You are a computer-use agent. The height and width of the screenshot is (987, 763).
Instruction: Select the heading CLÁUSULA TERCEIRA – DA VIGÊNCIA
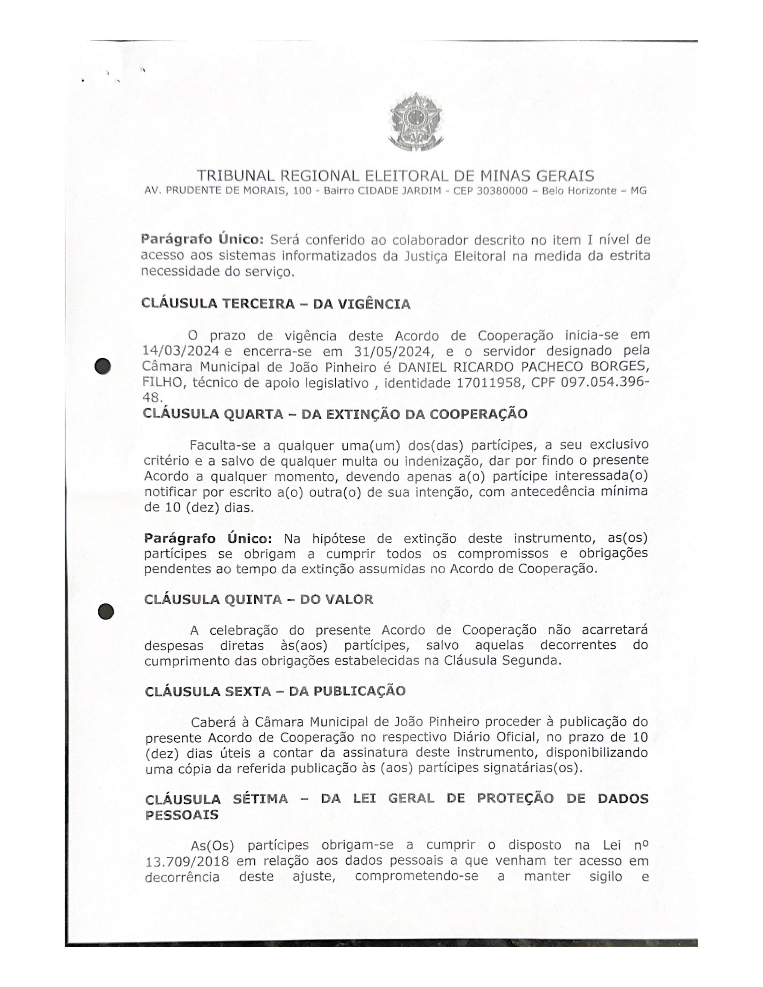coord(276,303)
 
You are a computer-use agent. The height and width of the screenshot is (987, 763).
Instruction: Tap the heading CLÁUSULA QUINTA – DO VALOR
coord(259,599)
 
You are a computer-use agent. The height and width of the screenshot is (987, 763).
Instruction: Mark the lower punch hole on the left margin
coord(105,612)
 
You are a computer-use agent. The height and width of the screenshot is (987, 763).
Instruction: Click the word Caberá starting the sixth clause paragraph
coord(213,722)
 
